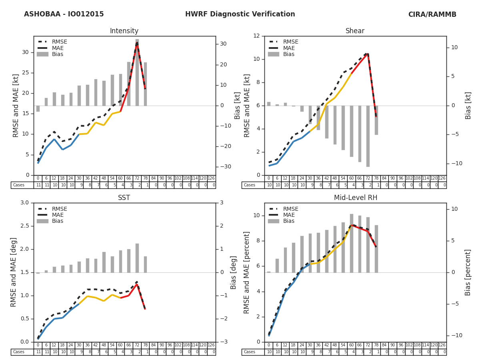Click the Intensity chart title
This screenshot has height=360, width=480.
[x=124, y=31]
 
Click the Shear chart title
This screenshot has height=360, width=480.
[x=355, y=31]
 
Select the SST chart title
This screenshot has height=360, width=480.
[x=124, y=198]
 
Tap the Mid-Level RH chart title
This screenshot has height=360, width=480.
[x=355, y=198]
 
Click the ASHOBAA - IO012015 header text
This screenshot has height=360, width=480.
[x=64, y=14]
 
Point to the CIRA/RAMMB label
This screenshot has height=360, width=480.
[x=432, y=15]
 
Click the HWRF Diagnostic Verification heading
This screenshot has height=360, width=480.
[x=240, y=14]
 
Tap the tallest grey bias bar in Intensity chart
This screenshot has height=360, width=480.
[x=137, y=72]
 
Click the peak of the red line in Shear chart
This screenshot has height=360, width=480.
[x=368, y=54]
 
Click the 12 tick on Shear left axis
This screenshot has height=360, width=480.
[x=256, y=36]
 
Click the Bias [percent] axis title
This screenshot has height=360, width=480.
[x=468, y=272]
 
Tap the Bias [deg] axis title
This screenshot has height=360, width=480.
[x=234, y=272]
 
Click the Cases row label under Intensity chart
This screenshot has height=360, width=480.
[x=19, y=185]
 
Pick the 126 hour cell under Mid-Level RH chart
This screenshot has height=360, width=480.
[x=442, y=345]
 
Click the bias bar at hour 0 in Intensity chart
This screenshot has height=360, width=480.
[x=38, y=108]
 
